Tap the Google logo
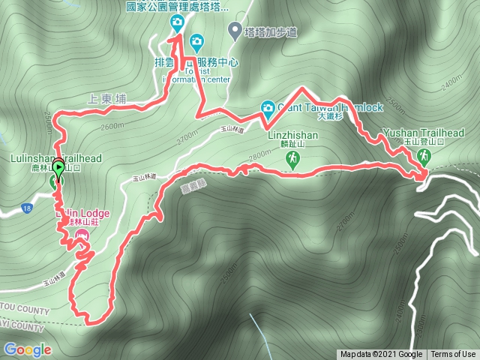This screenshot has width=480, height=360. coord(28,349)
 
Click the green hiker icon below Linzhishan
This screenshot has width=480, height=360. coord(292,159)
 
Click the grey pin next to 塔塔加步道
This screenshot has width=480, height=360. coord(233,31)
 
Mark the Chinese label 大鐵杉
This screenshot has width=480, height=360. coord(330,116)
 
